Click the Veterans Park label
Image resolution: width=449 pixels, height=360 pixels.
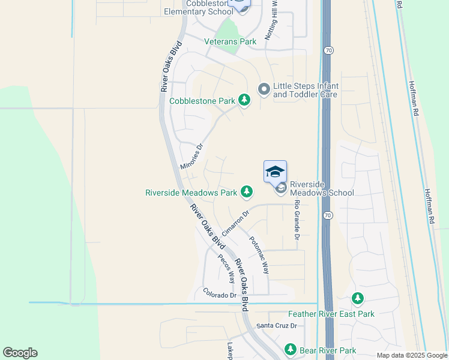click(x=230, y=41)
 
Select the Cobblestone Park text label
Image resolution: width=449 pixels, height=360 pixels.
click(x=202, y=101)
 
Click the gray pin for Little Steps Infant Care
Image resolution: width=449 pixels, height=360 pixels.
click(x=263, y=89)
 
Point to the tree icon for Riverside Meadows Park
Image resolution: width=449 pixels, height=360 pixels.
click(x=246, y=192)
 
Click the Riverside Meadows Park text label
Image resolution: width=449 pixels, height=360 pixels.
click(x=191, y=193)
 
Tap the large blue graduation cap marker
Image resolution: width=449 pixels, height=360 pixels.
click(x=275, y=172)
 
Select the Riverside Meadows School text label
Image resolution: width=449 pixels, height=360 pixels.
click(x=322, y=188)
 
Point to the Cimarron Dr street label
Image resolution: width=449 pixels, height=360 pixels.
click(x=235, y=223)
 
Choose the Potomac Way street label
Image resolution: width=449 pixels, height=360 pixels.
click(x=259, y=254)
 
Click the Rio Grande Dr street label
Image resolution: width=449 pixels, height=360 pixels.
click(x=297, y=220)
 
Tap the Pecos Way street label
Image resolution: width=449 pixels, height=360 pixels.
click(x=226, y=269)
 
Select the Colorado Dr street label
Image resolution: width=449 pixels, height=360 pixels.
click(x=220, y=294)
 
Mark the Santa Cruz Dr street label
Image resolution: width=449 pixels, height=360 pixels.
click(x=277, y=326)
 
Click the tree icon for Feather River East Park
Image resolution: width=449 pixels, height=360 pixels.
click(x=358, y=299)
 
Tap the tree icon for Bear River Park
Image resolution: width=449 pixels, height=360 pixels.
click(x=291, y=349)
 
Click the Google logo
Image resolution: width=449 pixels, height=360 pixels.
click(x=20, y=353)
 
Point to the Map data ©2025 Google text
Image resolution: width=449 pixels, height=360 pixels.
click(x=411, y=355)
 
